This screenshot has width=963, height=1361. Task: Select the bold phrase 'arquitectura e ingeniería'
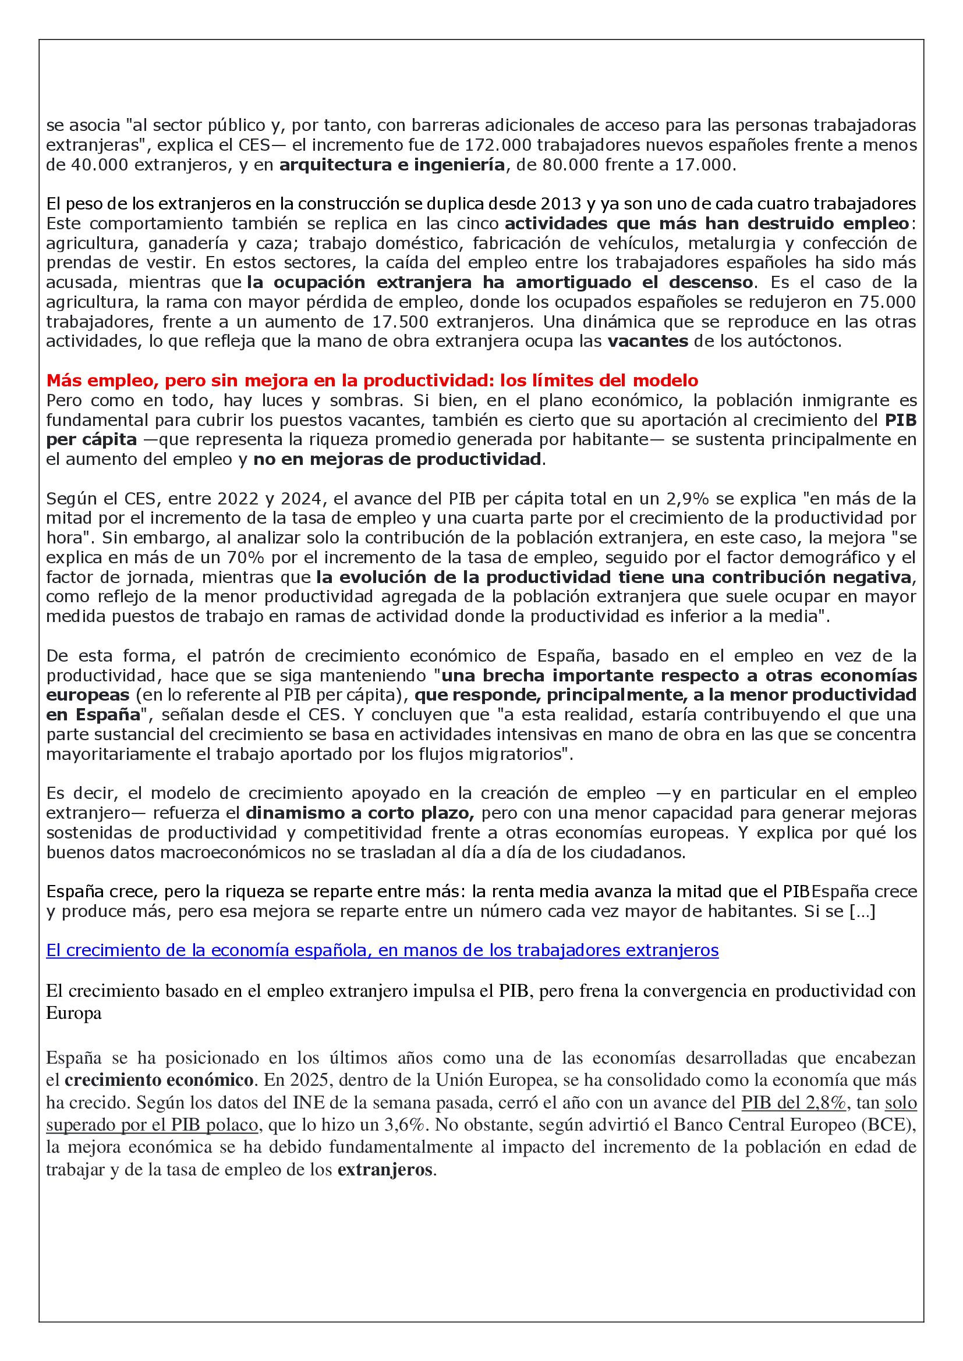392,165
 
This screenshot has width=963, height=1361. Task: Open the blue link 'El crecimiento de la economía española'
383,951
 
